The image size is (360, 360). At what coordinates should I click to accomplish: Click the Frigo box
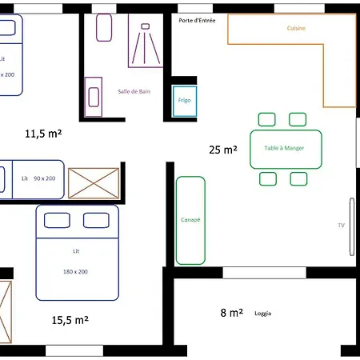pyautogui.click(x=185, y=101)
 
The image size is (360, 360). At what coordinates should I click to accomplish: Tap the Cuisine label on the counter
pyautogui.click(x=296, y=29)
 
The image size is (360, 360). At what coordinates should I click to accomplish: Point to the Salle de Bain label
pyautogui.click(x=134, y=91)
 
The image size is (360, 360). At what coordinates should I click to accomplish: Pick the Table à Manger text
pyautogui.click(x=286, y=148)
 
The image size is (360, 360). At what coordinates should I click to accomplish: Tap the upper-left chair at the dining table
pyautogui.click(x=266, y=120)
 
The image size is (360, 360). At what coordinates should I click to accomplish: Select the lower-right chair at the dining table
pyautogui.click(x=298, y=178)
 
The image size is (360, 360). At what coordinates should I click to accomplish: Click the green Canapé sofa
pyautogui.click(x=190, y=220)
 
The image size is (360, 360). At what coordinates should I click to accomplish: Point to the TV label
pyautogui.click(x=342, y=226)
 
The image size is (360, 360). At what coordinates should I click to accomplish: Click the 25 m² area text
pyautogui.click(x=222, y=149)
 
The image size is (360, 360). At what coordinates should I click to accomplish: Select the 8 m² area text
pyautogui.click(x=231, y=313)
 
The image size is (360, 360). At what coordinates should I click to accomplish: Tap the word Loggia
pyautogui.click(x=263, y=314)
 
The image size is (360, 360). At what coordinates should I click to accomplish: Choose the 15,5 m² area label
pyautogui.click(x=70, y=319)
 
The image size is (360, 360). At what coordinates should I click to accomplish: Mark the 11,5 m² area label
pyautogui.click(x=44, y=134)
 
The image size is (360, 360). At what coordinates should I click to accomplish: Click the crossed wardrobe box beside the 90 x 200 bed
pyautogui.click(x=94, y=182)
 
